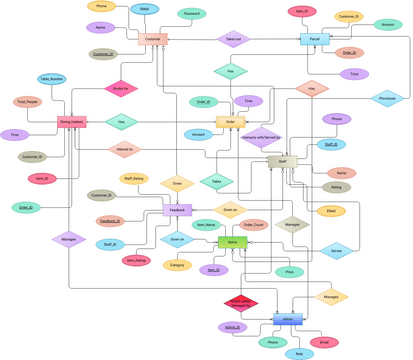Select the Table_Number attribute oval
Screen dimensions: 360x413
pyautogui.click(x=52, y=77)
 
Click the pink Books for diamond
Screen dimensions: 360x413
pyautogui.click(x=119, y=89)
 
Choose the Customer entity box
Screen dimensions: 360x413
pyautogui.click(x=153, y=39)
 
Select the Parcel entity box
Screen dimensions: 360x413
pyautogui.click(x=315, y=39)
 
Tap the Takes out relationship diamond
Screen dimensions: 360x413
pyautogui.click(x=232, y=39)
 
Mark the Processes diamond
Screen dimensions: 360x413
pyautogui.click(x=387, y=99)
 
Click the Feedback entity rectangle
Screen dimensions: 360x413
pyautogui.click(x=177, y=211)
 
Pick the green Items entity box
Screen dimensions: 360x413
pyautogui.click(x=232, y=242)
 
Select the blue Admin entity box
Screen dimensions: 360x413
pyautogui.click(x=288, y=318)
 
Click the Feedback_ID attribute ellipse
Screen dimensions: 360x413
pyautogui.click(x=110, y=220)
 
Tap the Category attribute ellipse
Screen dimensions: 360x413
pyautogui.click(x=177, y=265)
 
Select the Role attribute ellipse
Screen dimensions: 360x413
pyautogui.click(x=298, y=353)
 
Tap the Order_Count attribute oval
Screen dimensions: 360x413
pyautogui.click(x=254, y=225)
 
